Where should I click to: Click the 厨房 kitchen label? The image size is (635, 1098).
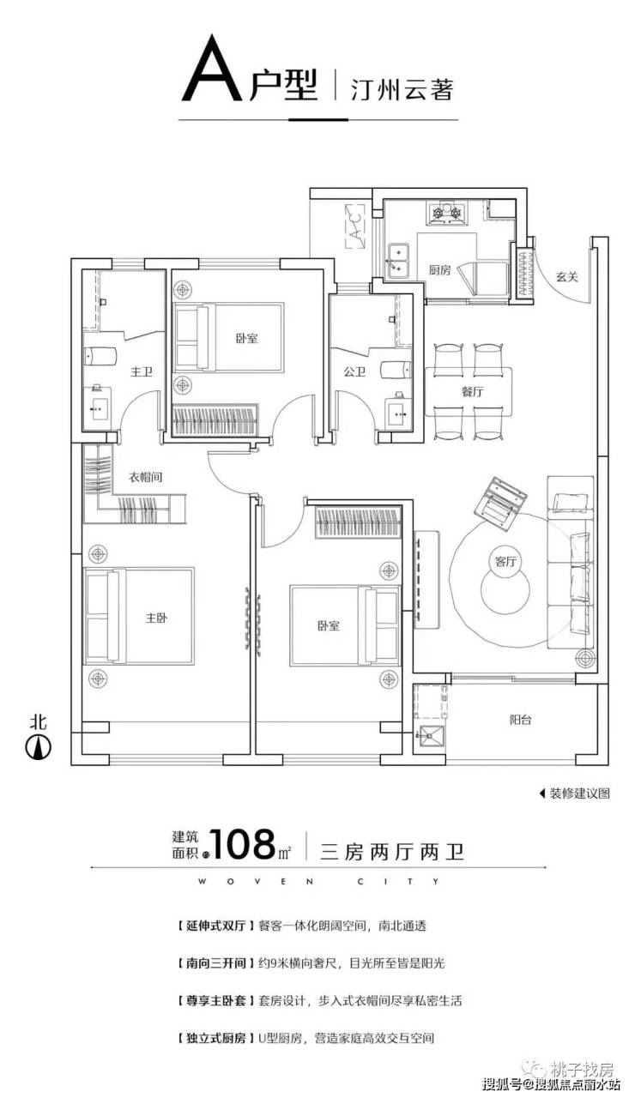(x=439, y=269)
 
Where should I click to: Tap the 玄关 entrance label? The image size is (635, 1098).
(x=567, y=277)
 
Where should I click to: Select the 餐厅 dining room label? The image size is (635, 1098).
(x=472, y=391)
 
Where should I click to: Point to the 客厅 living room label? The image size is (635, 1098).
(x=505, y=561)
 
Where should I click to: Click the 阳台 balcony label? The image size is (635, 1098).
(x=520, y=720)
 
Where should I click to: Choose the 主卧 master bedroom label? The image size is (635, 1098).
(x=156, y=618)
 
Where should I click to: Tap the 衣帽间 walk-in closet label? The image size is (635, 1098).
(x=145, y=477)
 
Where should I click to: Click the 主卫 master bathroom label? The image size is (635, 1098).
(x=142, y=371)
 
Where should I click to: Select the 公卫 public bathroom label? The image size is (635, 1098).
(x=354, y=371)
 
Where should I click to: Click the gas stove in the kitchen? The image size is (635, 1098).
(x=447, y=214)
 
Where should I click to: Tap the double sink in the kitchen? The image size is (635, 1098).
(x=398, y=260)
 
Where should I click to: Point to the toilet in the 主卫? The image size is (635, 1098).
(x=100, y=356)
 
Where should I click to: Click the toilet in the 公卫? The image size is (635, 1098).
(x=396, y=370)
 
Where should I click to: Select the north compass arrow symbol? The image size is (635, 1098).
(x=39, y=747)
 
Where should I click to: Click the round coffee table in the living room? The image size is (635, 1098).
(x=505, y=589)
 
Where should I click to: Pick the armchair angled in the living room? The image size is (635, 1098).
(x=501, y=503)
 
